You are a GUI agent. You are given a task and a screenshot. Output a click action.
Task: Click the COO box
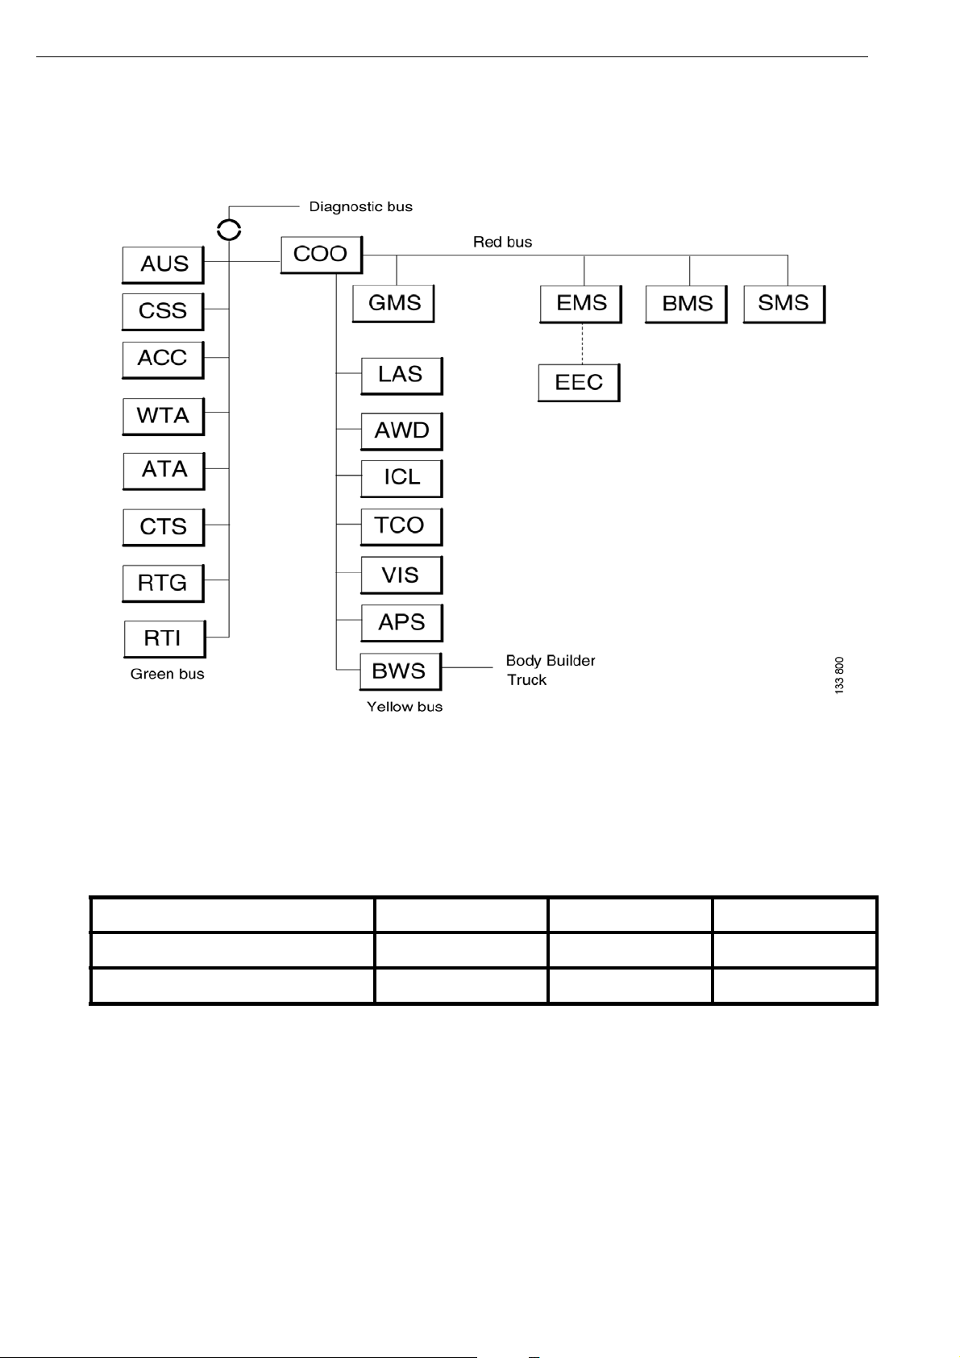(321, 255)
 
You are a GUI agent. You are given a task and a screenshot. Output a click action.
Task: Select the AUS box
(163, 264)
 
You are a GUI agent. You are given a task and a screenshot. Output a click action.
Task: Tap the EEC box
(579, 382)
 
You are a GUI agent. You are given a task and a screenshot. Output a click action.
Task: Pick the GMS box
(393, 303)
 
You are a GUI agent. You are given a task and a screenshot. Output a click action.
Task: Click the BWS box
(400, 671)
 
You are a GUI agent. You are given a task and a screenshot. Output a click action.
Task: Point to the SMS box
(783, 303)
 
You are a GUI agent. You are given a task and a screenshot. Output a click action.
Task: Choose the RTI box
(164, 638)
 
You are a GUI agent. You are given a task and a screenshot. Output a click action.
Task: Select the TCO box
(401, 525)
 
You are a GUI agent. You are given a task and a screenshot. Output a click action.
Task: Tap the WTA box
(163, 416)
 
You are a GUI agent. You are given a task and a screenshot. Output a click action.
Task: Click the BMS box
(686, 304)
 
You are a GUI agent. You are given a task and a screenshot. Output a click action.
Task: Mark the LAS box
(401, 375)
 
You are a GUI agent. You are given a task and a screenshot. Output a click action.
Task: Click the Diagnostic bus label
(360, 207)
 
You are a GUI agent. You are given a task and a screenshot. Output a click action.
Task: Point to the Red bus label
(502, 242)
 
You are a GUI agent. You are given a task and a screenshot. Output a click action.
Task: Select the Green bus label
(168, 674)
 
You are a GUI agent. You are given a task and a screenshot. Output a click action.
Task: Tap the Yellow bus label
(405, 707)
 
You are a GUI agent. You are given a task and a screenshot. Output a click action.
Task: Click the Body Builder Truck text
(550, 670)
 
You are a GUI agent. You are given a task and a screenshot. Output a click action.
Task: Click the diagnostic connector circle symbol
(229, 230)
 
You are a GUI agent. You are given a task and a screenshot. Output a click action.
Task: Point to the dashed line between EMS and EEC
(581, 344)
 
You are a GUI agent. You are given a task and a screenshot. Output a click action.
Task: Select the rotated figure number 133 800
(839, 675)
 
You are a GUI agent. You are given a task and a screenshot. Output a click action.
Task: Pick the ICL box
(401, 477)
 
